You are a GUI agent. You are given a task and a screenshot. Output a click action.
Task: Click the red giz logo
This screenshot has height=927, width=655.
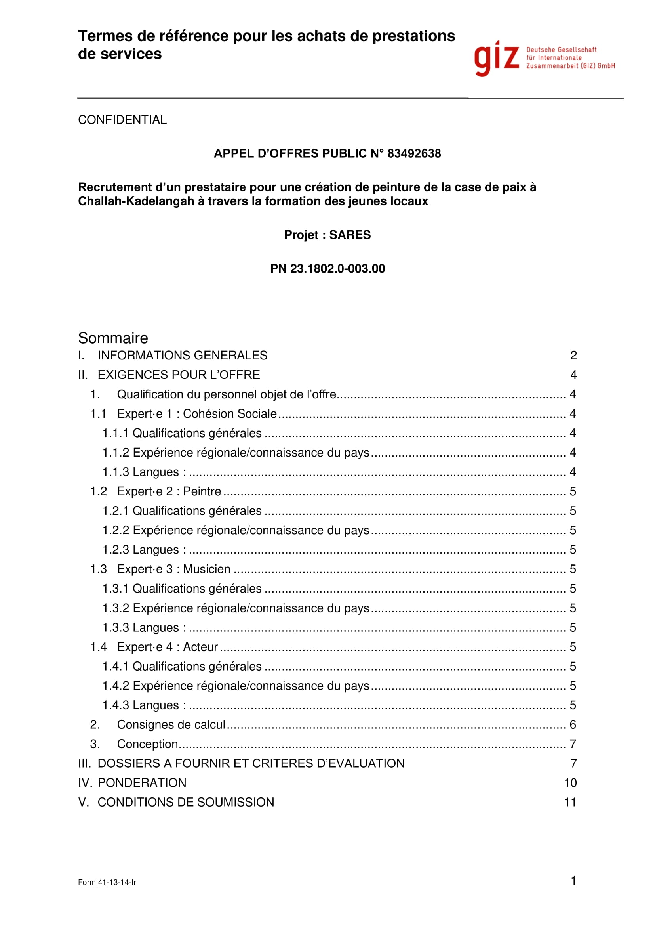(497, 59)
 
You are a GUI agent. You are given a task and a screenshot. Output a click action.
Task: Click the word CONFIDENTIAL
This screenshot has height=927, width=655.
(122, 120)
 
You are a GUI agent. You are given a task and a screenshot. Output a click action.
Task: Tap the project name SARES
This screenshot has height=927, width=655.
(350, 235)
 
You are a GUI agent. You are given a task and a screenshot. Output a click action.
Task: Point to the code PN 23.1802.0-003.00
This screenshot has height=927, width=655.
(327, 268)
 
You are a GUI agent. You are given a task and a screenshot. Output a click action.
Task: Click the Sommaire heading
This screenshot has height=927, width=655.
(113, 338)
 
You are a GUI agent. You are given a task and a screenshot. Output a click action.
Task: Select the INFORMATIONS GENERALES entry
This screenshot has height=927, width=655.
(182, 355)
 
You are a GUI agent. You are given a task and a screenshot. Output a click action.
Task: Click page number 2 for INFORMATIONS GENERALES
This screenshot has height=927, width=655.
(573, 355)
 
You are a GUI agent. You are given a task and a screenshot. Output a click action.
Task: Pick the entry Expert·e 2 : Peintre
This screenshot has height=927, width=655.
(169, 491)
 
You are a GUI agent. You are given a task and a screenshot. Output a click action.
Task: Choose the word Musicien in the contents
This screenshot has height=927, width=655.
(206, 569)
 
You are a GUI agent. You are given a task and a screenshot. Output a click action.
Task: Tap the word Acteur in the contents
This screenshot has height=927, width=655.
(200, 647)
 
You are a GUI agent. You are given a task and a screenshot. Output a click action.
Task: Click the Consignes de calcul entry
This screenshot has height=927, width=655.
(171, 724)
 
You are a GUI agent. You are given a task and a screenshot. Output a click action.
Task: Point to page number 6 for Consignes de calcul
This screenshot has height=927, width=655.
(573, 724)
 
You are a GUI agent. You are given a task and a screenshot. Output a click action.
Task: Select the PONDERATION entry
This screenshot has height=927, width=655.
(142, 782)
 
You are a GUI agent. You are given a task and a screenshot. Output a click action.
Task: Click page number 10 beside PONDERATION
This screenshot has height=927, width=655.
(570, 782)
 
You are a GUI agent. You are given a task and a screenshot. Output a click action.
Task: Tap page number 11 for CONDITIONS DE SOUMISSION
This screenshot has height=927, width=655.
(570, 802)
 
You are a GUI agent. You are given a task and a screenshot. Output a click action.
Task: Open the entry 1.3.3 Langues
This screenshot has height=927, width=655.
(144, 627)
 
